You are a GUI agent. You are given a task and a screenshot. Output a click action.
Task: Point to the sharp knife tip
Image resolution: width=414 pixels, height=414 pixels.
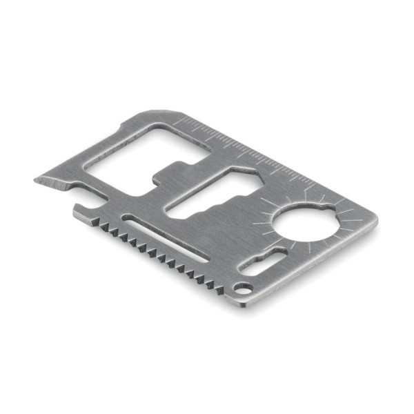click(36, 181)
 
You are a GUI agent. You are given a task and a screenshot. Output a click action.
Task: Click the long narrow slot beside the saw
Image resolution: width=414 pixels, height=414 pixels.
click(166, 239)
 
